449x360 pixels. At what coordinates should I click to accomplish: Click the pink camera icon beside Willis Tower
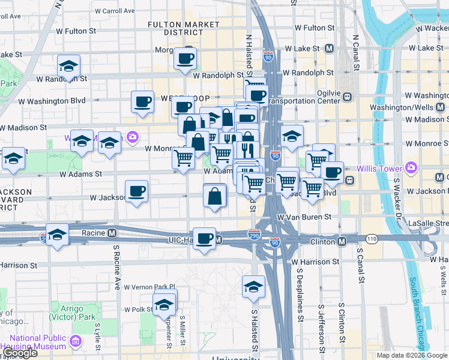click(x=411, y=167)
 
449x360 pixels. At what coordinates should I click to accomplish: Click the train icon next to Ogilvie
click(x=347, y=95)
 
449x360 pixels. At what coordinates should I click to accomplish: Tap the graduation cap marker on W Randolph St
click(x=69, y=66)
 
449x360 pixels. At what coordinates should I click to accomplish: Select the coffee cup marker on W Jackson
click(x=137, y=191)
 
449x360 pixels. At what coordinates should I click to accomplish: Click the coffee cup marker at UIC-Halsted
click(x=204, y=238)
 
